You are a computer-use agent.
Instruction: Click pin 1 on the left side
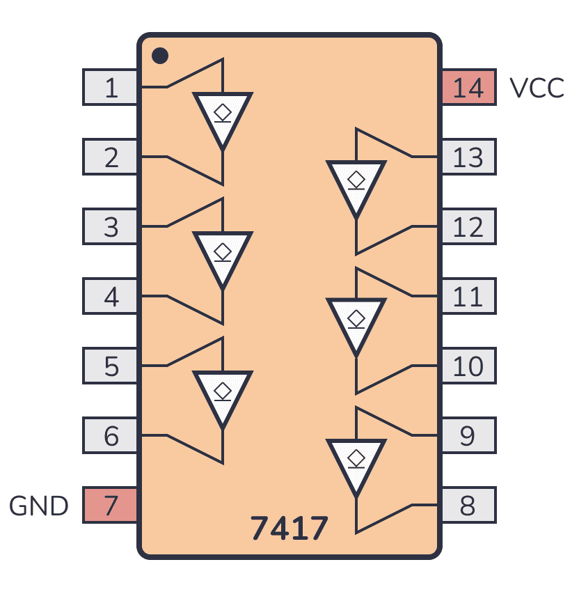(x=111, y=88)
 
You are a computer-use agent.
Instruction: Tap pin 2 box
(x=111, y=157)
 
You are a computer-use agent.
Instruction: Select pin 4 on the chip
(x=111, y=297)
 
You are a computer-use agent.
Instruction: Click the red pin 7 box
(x=111, y=506)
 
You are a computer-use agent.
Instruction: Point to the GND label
(x=39, y=506)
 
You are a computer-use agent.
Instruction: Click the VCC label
(x=537, y=88)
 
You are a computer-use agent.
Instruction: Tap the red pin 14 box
(x=468, y=88)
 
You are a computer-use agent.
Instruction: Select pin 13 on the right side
(x=468, y=157)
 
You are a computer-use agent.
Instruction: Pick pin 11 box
(x=468, y=297)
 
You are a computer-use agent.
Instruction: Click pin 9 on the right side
(x=468, y=436)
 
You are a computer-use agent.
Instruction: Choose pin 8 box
(x=468, y=506)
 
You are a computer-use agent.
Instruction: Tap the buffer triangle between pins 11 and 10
(x=356, y=324)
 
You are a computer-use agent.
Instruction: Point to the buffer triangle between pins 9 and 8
(x=356, y=463)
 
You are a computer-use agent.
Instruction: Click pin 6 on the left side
(x=111, y=436)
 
